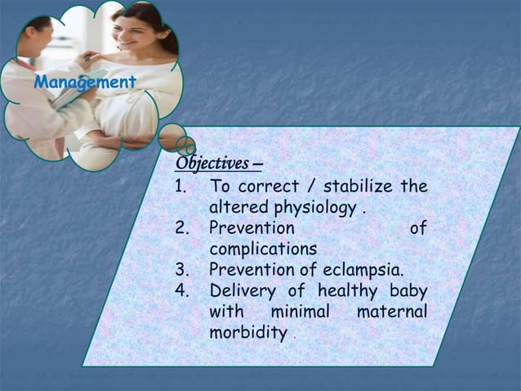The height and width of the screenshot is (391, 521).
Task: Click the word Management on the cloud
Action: [x=85, y=82]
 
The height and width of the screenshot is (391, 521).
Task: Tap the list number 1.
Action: [x=182, y=187]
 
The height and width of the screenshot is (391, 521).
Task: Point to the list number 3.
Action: [x=182, y=269]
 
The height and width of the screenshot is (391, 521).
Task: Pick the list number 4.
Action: [x=182, y=290]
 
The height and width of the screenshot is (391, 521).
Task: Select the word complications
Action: [x=262, y=248]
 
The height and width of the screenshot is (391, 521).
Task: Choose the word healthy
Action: [x=348, y=290]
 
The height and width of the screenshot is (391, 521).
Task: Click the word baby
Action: [x=408, y=290]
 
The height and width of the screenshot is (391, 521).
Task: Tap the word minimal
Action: [x=300, y=312]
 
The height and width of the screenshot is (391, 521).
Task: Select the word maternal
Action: [x=392, y=312]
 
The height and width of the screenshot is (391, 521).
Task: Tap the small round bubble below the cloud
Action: [x=171, y=137]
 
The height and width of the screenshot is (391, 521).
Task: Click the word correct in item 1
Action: [x=269, y=187]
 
